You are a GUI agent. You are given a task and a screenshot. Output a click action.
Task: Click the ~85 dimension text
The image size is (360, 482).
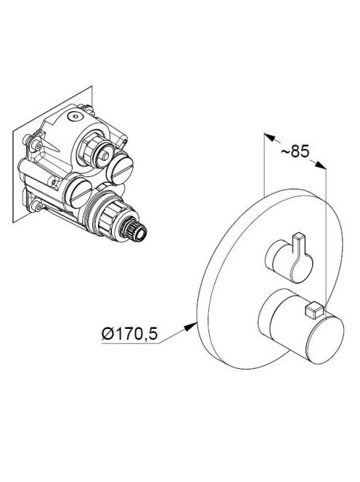295,151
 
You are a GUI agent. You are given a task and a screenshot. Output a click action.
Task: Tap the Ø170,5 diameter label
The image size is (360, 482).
130,333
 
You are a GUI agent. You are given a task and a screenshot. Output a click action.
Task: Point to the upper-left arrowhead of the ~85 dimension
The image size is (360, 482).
269,136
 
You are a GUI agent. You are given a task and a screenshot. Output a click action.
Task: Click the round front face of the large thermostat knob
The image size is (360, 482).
325,340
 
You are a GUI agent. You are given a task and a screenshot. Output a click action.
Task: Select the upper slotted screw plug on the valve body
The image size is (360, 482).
119,169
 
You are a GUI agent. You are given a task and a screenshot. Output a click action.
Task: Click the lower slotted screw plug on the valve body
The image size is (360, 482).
79,193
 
